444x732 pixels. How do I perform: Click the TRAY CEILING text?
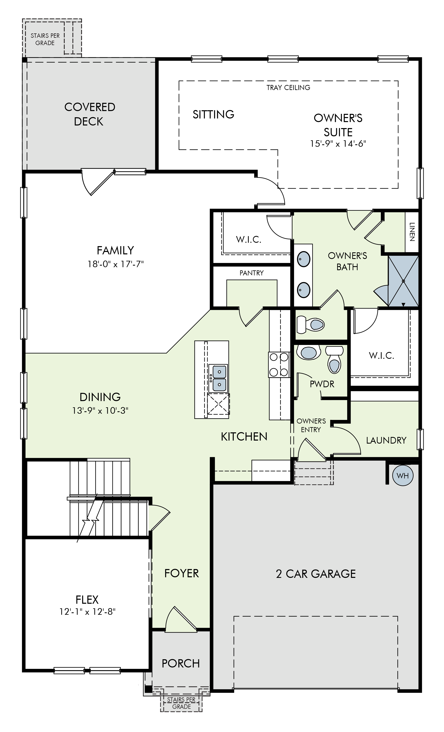point(288,88)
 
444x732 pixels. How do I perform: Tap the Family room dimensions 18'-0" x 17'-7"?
point(116,264)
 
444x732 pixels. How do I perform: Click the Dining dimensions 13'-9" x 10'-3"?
point(100,410)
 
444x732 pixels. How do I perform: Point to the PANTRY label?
point(251,273)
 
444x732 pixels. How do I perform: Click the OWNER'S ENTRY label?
point(311,425)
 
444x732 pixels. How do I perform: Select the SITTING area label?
point(213,114)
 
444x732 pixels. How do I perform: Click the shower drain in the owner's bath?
point(403,281)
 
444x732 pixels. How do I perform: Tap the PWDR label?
point(322,384)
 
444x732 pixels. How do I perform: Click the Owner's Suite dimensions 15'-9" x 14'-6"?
point(338,144)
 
